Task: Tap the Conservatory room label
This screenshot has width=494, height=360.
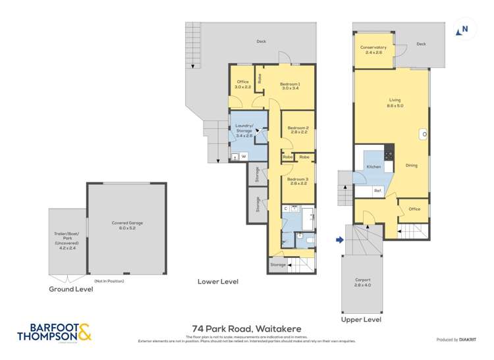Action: point(373,50)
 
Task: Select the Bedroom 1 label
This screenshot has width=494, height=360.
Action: point(290,86)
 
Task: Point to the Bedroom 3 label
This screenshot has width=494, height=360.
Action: point(298,180)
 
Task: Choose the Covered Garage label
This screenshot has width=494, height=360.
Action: point(127,225)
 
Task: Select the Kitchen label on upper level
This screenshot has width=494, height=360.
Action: point(373,167)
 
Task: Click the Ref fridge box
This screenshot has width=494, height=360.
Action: point(377,191)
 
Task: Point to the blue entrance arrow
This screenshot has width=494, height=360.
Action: point(340,240)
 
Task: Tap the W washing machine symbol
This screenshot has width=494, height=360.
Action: point(243,157)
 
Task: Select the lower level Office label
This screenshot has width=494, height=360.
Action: point(243,84)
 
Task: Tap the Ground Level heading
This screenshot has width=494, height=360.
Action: point(70,289)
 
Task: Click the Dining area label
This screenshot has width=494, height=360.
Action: point(411,165)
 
